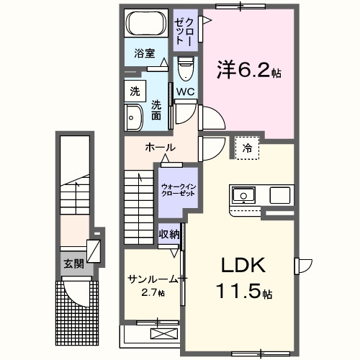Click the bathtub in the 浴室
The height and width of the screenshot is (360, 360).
[x=146, y=23]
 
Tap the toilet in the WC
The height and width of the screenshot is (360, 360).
[x=186, y=68]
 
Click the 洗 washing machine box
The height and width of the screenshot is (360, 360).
[x=135, y=91]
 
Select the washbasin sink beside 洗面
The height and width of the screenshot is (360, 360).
[x=134, y=118]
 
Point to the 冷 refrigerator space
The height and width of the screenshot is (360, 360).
[x=247, y=148]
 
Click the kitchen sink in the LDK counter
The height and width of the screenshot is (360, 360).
[x=243, y=196]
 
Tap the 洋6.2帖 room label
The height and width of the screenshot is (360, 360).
[x=249, y=70]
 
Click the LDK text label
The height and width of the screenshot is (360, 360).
[x=243, y=265]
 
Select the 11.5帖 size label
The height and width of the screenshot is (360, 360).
[x=244, y=291]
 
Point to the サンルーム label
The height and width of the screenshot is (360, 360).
[x=153, y=279]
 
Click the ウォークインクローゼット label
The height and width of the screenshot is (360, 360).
[x=179, y=190]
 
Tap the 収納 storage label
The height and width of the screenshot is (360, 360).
[x=169, y=235]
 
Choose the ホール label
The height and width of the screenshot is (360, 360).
[x=161, y=148]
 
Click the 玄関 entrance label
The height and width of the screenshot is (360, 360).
[x=73, y=264]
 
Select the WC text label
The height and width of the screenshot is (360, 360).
[x=186, y=91]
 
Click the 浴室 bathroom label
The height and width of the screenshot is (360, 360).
[x=145, y=53]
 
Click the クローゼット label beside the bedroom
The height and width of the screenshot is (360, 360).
[x=185, y=31]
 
